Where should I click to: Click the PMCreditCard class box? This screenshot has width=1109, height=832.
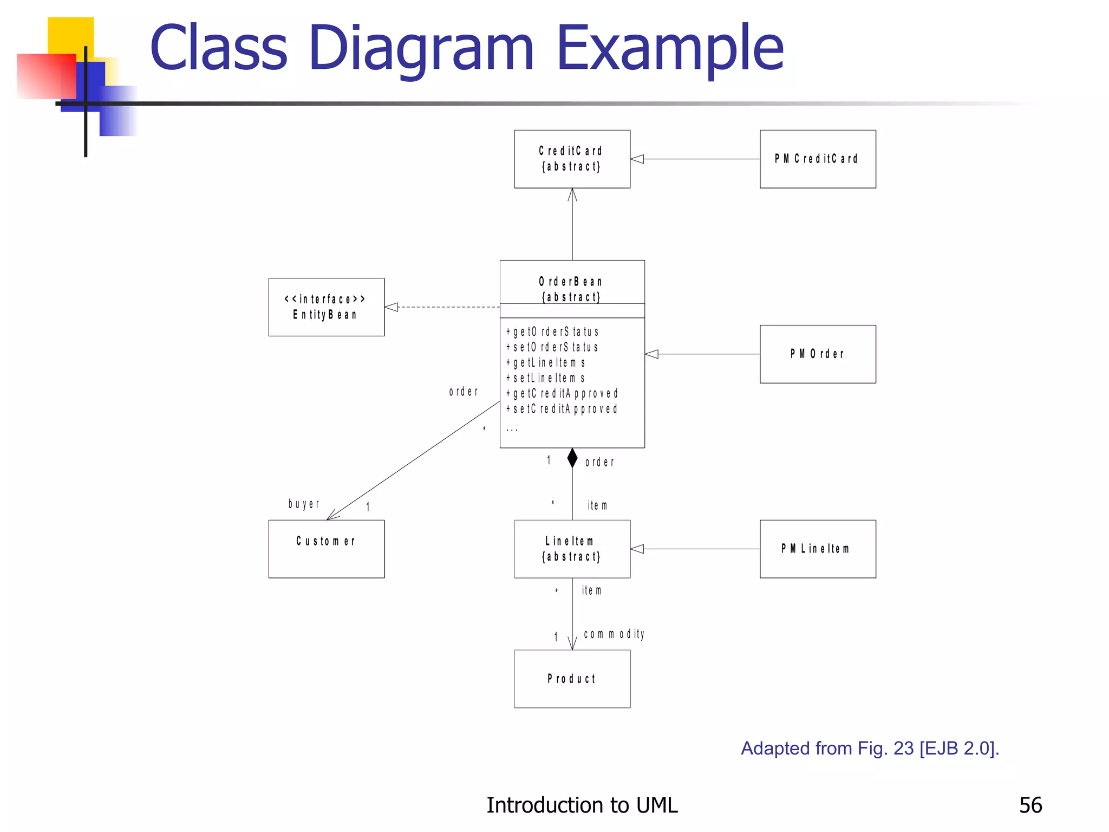[x=817, y=159]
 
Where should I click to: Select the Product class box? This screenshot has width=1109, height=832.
[x=572, y=679]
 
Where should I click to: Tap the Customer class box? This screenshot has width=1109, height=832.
[x=326, y=549]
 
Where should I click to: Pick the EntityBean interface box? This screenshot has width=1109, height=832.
[x=326, y=307]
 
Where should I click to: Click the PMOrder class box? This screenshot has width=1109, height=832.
[x=817, y=354]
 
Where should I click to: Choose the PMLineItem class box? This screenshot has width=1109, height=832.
[x=817, y=549]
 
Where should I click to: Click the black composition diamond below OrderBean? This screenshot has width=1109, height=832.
[x=572, y=458]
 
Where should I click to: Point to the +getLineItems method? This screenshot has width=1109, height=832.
[x=545, y=362]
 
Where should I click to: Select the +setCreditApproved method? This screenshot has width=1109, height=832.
[x=562, y=409]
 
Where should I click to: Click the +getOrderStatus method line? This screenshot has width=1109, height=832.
[x=552, y=331]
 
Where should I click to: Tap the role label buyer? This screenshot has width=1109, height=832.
[x=304, y=504]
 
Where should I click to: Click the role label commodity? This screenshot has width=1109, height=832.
[x=614, y=634]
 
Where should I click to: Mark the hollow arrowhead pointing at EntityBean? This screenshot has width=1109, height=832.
[x=392, y=307]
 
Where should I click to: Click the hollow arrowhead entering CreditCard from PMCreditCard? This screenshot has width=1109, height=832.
[x=637, y=159]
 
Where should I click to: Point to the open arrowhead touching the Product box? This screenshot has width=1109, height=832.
[x=572, y=644]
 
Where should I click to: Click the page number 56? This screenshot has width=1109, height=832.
[x=1030, y=805]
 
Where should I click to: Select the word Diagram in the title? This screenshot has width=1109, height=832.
[x=422, y=49]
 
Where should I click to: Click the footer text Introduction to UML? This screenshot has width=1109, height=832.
[x=582, y=805]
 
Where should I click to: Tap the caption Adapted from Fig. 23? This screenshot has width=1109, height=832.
[x=870, y=748]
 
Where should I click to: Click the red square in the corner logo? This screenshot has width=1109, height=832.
[x=46, y=76]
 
